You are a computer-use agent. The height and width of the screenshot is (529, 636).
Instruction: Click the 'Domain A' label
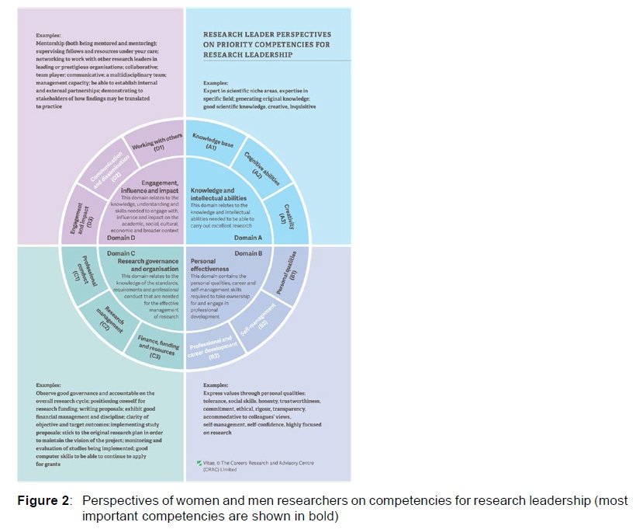tap(247, 238)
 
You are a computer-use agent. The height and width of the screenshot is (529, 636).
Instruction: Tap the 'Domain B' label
tap(247, 253)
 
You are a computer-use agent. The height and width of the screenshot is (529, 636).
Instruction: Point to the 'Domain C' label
tap(121, 253)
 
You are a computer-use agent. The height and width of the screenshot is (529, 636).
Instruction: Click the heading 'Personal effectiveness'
tap(209, 266)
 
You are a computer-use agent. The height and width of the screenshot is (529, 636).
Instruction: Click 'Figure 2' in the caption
tap(43, 500)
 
